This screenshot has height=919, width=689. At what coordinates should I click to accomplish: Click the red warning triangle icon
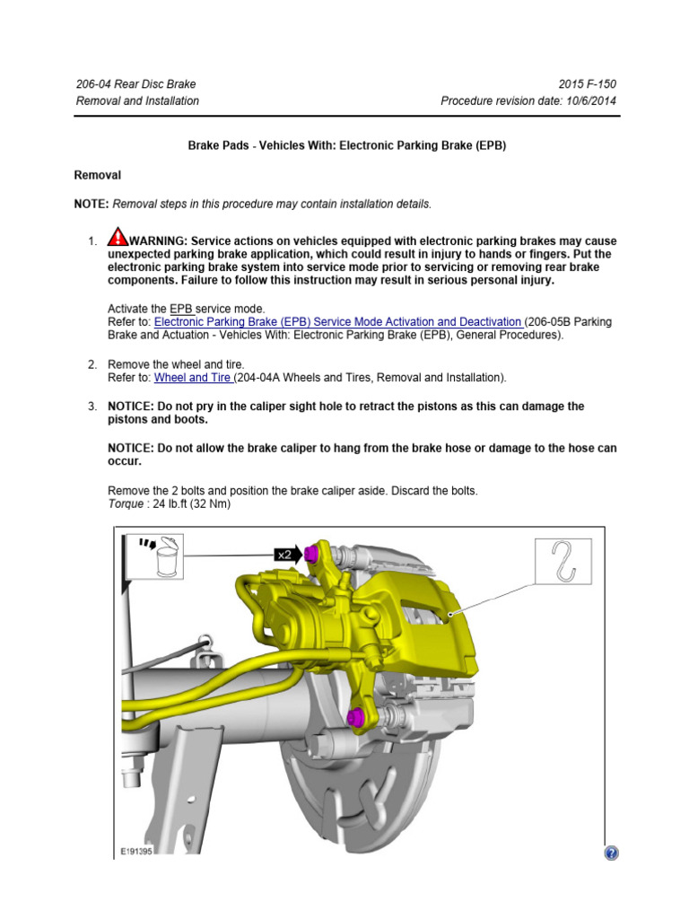pyautogui.click(x=118, y=238)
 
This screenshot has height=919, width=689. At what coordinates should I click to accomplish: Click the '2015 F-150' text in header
pyautogui.click(x=587, y=84)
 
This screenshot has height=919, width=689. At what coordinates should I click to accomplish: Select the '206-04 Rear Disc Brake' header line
pyautogui.click(x=135, y=84)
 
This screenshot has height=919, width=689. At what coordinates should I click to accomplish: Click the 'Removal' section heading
pyautogui.click(x=97, y=175)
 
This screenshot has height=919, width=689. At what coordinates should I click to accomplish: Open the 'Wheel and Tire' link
pyautogui.click(x=193, y=378)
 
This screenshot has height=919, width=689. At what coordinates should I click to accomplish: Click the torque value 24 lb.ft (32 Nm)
pyautogui.click(x=192, y=503)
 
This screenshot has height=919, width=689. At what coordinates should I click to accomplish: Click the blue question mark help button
pyautogui.click(x=612, y=853)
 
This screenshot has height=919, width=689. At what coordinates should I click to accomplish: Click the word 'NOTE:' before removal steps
pyautogui.click(x=92, y=205)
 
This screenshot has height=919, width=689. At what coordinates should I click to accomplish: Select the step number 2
pyautogui.click(x=92, y=364)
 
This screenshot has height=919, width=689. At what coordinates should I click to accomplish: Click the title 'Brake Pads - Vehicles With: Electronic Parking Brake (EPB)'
pyautogui.click(x=346, y=145)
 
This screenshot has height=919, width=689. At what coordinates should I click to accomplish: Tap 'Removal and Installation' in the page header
pyautogui.click(x=137, y=101)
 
